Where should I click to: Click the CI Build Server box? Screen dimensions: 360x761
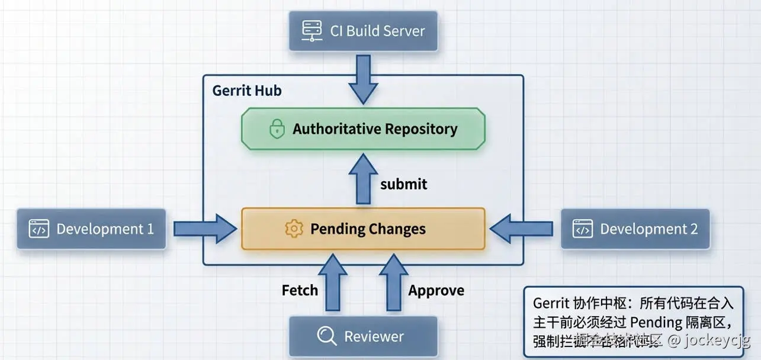363,31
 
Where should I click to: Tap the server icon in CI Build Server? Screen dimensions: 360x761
311,30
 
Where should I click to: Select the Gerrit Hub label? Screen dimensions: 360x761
247,91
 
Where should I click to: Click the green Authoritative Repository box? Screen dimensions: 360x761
363,128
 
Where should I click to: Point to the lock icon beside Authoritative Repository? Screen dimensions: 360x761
277,129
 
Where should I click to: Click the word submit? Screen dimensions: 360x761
403,184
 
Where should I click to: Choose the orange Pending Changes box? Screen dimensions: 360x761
363,229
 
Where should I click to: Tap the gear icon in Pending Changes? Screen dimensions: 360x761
294,229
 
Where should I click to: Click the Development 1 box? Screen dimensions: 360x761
92,229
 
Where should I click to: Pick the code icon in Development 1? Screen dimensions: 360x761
39,229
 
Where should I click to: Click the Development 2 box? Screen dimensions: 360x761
635,229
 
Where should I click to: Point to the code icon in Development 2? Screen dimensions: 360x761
582,229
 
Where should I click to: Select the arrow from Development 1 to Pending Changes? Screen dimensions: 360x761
204,229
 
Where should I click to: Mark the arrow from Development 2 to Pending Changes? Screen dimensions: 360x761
521,229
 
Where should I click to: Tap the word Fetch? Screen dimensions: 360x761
300,290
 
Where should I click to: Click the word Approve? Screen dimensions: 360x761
436,290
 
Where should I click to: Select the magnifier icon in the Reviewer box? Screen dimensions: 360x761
326,336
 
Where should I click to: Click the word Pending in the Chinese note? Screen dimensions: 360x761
656,322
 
